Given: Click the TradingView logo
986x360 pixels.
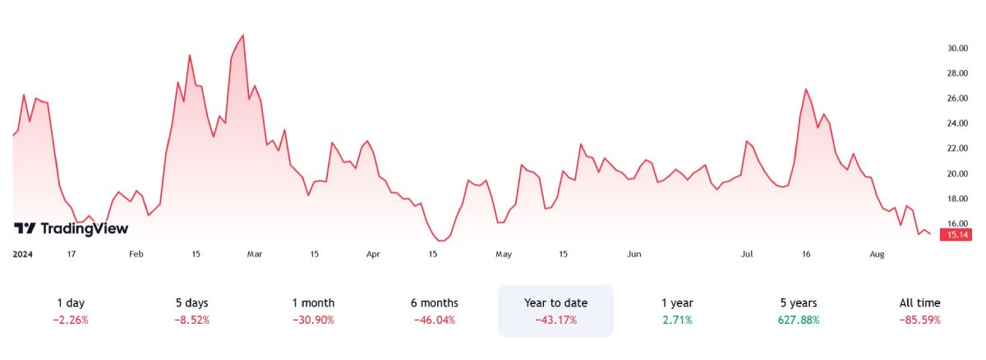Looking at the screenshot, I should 71,228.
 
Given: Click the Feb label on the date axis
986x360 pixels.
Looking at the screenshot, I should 136,255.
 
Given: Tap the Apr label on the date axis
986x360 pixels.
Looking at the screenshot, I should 373,255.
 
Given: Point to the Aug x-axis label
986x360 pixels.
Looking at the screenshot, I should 877,255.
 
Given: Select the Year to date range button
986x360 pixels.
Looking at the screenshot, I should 555,311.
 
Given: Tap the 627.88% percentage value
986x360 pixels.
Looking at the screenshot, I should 799,320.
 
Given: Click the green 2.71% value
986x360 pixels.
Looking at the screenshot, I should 677,320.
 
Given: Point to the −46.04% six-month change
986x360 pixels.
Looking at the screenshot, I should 435,320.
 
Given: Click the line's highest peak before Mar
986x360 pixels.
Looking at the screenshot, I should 242,35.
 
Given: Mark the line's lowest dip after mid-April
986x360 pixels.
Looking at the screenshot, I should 442,241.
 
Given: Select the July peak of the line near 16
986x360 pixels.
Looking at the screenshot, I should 806,89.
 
